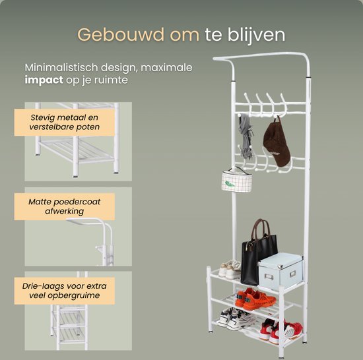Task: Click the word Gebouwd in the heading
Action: coord(120,35)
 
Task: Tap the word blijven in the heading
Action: coord(256,36)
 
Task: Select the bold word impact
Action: coord(44,80)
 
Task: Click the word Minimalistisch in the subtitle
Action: coord(61,67)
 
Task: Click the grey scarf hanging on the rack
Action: coord(246,136)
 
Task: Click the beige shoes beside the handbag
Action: coord(230,269)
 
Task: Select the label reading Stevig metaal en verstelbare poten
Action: coord(65,123)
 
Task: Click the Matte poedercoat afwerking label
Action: coord(65,206)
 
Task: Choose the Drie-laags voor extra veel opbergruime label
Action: coord(65,291)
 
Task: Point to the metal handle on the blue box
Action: coord(269,276)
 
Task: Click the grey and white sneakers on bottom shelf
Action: coord(236,318)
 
